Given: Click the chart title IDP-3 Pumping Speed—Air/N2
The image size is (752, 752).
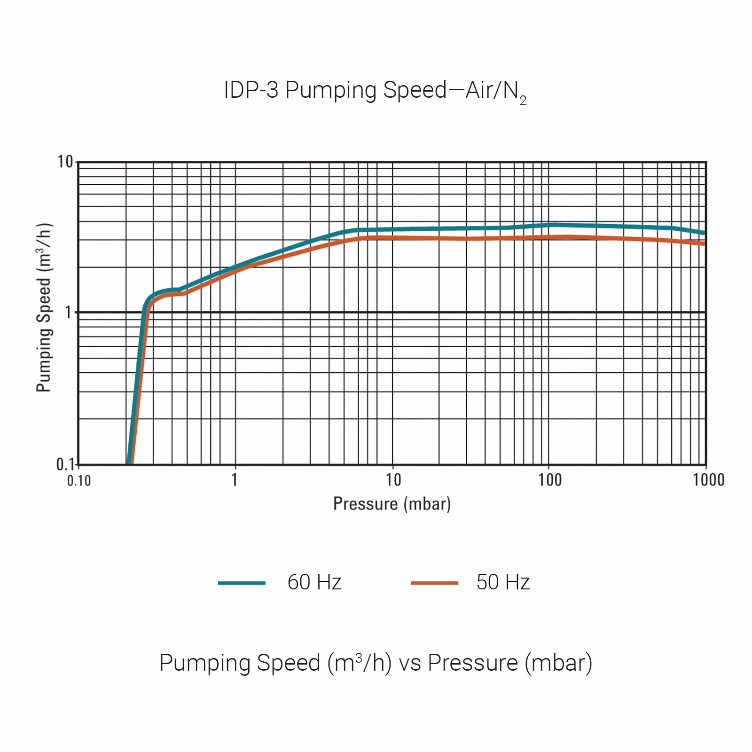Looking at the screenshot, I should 375,90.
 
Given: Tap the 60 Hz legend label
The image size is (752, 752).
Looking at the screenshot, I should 314,582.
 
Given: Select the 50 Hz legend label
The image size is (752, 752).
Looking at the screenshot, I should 503,582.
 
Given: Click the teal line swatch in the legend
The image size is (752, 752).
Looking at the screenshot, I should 242,583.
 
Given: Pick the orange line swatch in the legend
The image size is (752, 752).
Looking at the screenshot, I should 434,583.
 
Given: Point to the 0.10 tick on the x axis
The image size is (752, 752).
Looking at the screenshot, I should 79,480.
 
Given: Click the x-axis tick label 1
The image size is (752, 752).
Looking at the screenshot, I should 235,480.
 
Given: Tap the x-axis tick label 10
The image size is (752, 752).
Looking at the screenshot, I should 393,480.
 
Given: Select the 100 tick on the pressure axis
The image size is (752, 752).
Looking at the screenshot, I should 549,480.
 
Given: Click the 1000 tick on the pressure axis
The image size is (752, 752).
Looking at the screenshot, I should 708,480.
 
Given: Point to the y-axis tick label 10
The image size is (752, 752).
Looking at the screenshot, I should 65,162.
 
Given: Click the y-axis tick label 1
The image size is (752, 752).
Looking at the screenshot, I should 69,312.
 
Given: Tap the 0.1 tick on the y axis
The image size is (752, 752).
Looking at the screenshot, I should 65,464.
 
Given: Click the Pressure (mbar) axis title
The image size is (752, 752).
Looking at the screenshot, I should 392,504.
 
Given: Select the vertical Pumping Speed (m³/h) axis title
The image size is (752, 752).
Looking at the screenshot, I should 44,307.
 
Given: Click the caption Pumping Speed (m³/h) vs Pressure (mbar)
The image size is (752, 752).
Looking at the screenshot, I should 376,663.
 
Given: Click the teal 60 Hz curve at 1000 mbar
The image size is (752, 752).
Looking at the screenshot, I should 705,233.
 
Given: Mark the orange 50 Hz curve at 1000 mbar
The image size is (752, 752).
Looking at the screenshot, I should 705,243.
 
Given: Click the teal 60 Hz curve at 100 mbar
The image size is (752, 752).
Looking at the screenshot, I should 549,226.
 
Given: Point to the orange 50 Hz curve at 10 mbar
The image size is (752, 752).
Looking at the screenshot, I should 393,238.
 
